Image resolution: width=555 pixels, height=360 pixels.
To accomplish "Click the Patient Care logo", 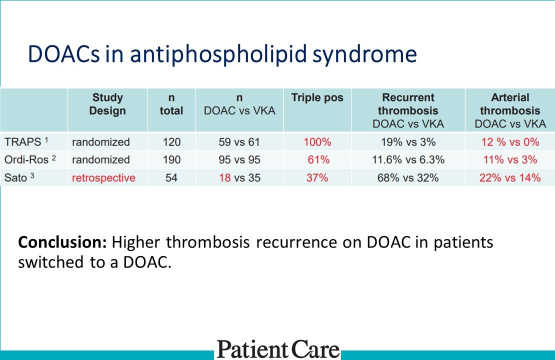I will pos(278,348).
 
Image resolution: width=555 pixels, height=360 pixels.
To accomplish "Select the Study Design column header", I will pos(107,104).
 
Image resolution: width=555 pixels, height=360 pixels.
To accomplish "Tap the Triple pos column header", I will pos(317,97).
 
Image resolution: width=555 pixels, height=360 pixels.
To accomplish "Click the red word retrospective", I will pos(103,178).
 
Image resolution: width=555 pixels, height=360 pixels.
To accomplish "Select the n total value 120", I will pos(171,142).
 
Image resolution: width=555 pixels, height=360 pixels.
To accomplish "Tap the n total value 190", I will pos(171,160).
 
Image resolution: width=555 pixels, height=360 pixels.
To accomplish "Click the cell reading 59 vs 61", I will pos(239,142).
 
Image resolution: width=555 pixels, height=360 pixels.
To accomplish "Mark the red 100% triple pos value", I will pos(317,142).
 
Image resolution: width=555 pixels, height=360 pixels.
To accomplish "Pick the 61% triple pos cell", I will pos(317,160).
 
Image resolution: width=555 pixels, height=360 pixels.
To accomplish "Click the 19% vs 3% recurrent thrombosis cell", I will pos(407,142).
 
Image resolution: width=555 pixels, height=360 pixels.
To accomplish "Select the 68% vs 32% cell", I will pos(407,178).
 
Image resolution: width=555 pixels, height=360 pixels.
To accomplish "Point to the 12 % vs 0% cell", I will pos(510,142).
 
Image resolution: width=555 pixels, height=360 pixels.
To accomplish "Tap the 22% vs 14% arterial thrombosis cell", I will pos(510,178).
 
